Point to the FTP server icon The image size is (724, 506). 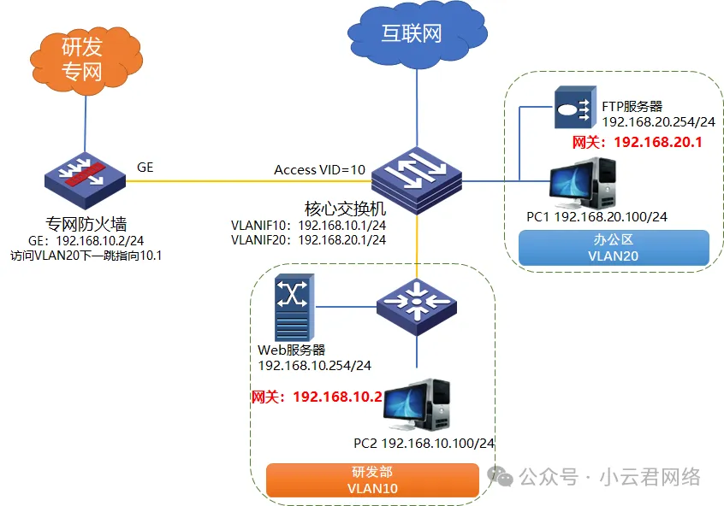[571, 109]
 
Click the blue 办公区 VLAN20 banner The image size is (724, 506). [614, 247]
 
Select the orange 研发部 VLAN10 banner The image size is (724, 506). [372, 480]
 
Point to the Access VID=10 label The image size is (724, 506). [319, 169]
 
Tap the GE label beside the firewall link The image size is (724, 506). [145, 168]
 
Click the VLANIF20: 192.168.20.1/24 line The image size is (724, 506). [308, 240]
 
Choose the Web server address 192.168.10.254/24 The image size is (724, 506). [314, 365]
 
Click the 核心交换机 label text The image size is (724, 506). [346, 209]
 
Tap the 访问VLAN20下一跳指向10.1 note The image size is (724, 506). [86, 255]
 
